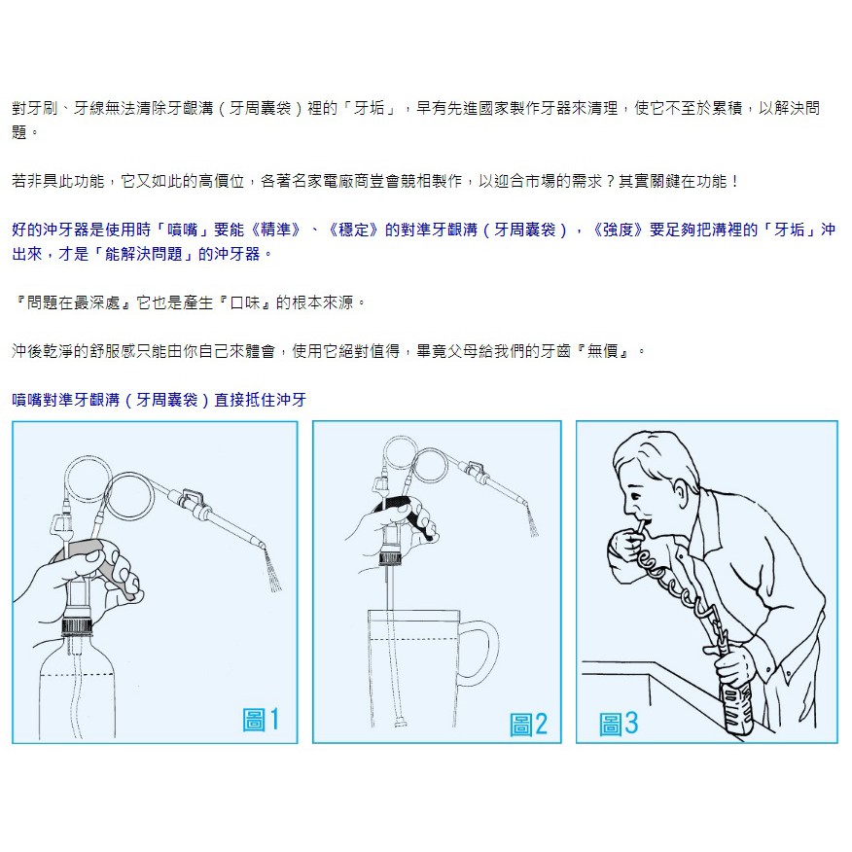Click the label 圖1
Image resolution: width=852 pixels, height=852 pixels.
tap(261, 720)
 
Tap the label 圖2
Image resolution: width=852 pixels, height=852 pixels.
tap(528, 725)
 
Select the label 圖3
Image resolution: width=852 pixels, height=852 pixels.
tap(619, 724)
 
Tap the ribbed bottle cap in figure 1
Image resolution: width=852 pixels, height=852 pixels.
tap(77, 626)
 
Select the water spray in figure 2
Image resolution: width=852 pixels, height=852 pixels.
tap(533, 522)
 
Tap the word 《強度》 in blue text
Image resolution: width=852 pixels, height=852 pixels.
tap(618, 230)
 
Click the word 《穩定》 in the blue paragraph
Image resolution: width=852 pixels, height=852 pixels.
tap(354, 230)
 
